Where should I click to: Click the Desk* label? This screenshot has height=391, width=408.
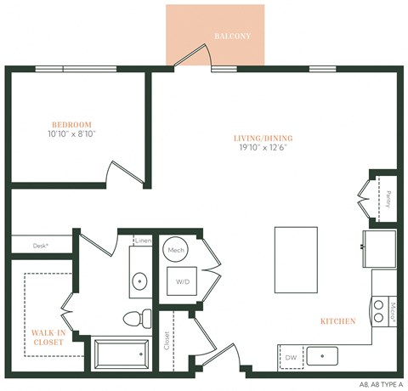click(41, 245)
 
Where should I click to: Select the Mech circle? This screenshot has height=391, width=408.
click(176, 250)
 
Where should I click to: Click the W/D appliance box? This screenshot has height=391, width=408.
click(181, 281)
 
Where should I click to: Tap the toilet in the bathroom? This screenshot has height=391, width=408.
click(136, 318)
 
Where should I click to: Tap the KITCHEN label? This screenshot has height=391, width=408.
click(337, 321)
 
